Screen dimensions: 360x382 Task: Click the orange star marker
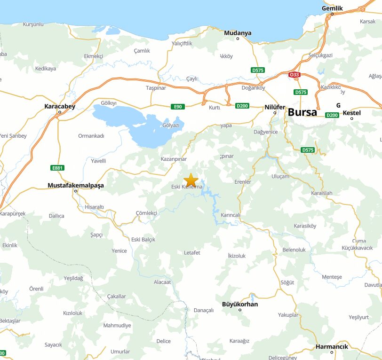click(191, 180)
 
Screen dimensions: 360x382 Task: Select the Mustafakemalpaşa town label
click(75, 186)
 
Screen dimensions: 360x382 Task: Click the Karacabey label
click(60, 106)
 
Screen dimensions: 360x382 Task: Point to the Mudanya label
click(238, 33)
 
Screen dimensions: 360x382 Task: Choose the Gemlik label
click(332, 8)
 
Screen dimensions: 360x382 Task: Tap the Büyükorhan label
click(240, 304)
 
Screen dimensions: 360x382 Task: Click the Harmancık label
click(332, 346)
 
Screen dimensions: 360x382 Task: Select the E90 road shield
click(177, 107)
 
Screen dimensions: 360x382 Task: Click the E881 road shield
click(57, 168)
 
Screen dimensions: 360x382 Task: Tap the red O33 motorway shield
click(294, 75)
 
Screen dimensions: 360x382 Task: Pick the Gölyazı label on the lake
click(171, 125)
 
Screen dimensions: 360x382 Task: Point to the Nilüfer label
click(275, 107)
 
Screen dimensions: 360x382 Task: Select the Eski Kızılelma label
click(187, 187)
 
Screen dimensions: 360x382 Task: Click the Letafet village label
click(192, 253)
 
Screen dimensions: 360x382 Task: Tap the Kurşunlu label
click(33, 24)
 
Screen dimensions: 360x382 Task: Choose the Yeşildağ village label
click(73, 278)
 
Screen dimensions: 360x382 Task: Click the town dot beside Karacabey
click(60, 112)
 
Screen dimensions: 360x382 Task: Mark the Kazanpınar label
click(174, 159)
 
